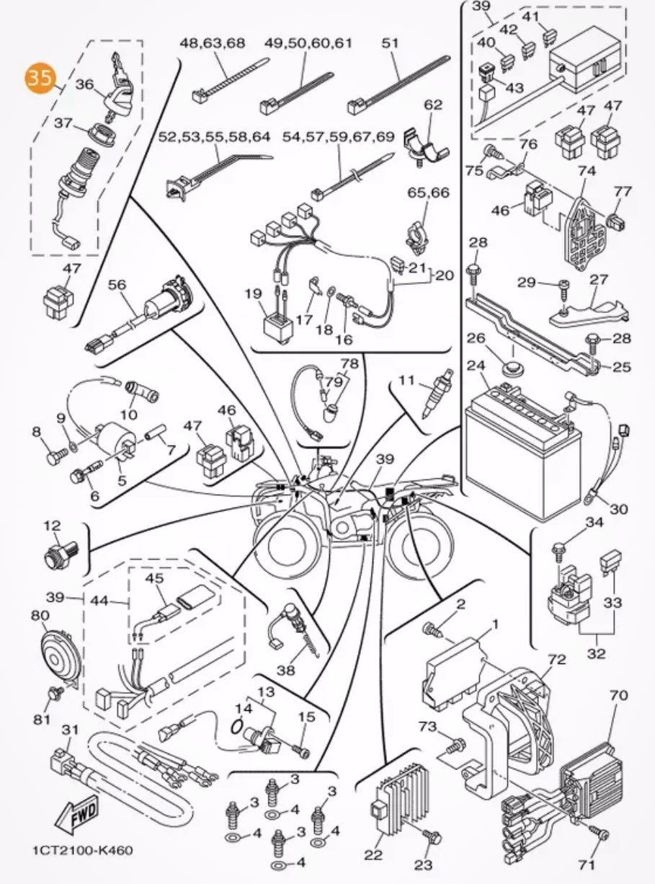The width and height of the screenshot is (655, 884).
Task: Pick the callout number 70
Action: (618, 696)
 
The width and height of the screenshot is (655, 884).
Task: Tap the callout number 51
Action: (390, 43)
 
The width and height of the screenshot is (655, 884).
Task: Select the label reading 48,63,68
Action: (212, 43)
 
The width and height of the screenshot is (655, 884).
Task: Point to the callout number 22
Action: (373, 855)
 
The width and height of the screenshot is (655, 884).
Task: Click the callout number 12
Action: (52, 525)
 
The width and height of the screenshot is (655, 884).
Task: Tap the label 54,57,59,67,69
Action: (338, 136)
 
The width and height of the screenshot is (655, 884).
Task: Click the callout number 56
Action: (117, 285)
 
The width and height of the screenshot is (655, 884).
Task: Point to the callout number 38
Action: (286, 670)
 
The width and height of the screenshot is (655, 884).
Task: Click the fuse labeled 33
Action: (614, 559)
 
